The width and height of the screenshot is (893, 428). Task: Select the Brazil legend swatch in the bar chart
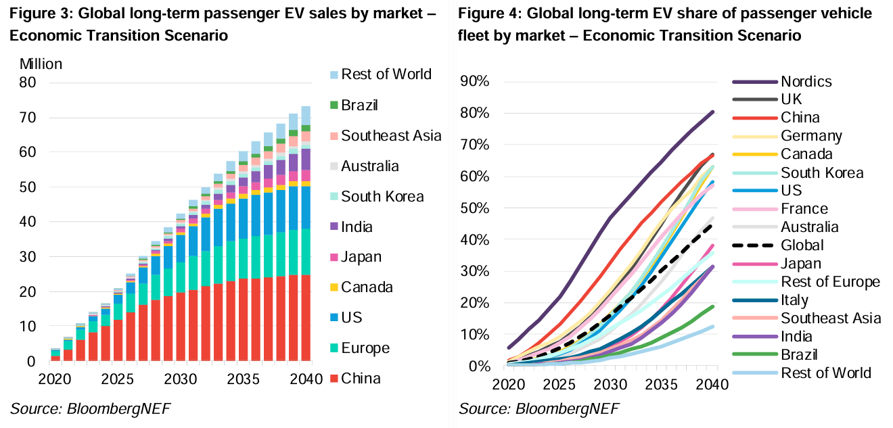333,105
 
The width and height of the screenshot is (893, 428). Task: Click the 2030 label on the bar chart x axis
179,380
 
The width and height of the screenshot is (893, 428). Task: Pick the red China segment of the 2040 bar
306,318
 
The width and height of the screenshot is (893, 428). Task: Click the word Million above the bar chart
41,64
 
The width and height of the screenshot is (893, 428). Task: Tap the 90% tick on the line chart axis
475,82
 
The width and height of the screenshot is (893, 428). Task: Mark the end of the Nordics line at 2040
713,112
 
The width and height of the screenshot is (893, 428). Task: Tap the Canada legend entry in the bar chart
367,287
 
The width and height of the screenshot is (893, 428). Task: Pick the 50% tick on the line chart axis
475,208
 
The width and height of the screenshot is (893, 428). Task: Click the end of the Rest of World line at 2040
713,327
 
